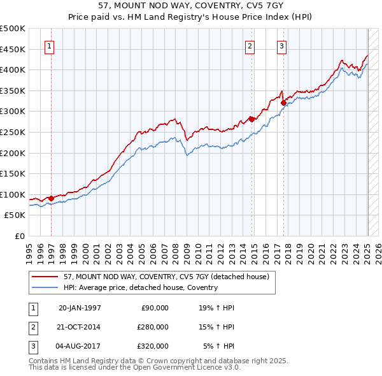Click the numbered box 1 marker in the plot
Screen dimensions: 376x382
(50, 45)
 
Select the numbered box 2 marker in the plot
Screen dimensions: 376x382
(250, 45)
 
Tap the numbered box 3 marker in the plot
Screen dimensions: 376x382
(281, 45)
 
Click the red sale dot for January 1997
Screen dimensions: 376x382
(51, 198)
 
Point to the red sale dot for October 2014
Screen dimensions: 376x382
(251, 119)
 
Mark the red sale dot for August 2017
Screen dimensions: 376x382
(283, 102)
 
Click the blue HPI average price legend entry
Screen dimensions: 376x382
(141, 287)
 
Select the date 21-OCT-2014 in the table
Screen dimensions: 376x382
(79, 327)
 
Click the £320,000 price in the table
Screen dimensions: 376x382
(152, 346)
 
